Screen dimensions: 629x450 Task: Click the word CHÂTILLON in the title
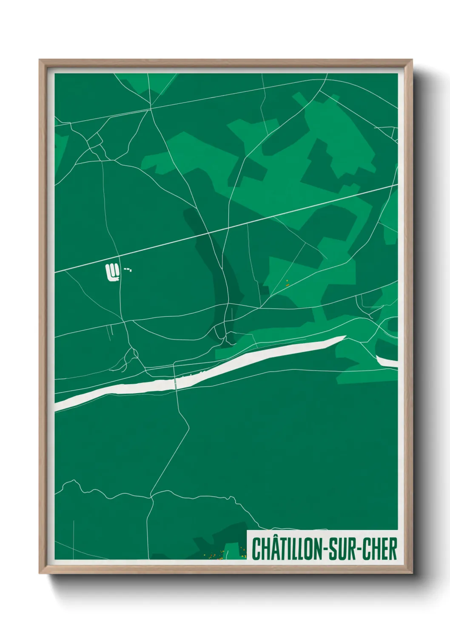pos(287,549)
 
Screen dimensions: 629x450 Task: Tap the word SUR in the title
pos(343,549)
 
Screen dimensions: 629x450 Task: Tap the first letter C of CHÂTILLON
pos(256,549)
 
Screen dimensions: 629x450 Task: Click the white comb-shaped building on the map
pos(111,272)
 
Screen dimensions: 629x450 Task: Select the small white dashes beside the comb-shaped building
pos(128,269)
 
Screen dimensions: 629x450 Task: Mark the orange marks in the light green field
pos(287,283)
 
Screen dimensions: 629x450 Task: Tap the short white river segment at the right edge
pos(387,362)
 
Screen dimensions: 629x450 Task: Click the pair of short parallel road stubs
pos(108,332)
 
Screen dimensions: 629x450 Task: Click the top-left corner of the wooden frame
pos(40,60)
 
